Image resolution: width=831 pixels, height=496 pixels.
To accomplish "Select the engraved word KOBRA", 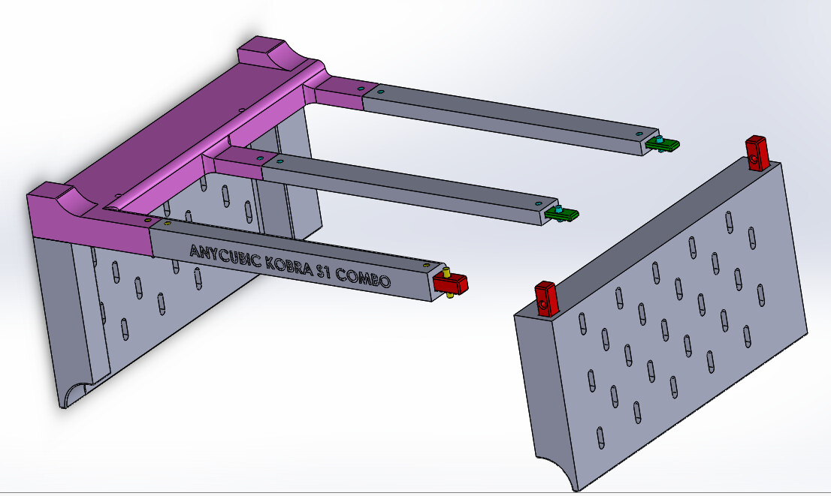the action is point(288,266).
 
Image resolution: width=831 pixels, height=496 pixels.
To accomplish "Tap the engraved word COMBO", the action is point(364,278).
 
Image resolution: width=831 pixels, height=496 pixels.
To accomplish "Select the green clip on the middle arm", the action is point(561,213).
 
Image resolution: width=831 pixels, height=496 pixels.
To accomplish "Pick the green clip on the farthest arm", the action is point(662,143).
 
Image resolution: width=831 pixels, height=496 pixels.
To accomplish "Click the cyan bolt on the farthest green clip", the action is point(659,140).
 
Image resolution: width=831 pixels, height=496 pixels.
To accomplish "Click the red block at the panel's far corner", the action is point(757,154).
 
